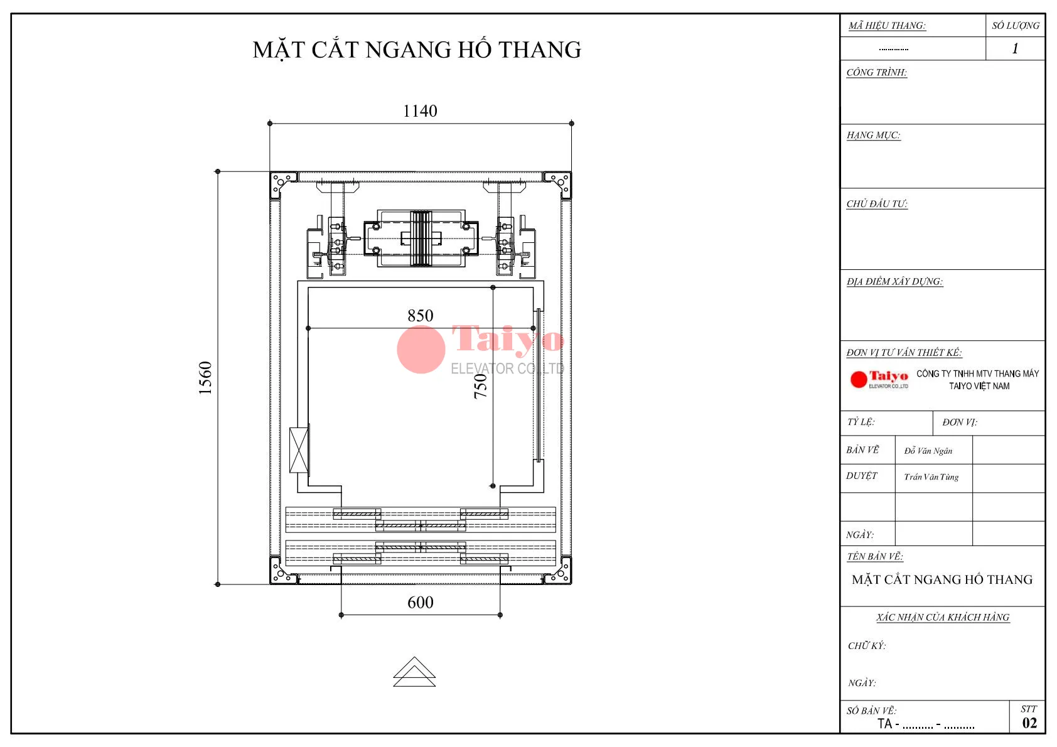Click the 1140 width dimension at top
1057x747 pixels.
point(420,111)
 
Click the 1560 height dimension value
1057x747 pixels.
point(205,378)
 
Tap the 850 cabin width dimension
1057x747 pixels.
point(420,316)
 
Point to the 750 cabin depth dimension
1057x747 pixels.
point(480,386)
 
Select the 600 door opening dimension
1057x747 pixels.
point(420,603)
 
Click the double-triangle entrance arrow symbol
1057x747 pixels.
point(414,672)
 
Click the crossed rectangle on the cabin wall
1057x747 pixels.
point(299,450)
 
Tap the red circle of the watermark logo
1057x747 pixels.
point(421,350)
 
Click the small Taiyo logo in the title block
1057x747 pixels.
point(879,379)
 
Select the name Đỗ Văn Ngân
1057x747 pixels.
point(928,451)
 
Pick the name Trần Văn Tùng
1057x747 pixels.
point(931,477)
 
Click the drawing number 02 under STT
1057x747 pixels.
point(1029,723)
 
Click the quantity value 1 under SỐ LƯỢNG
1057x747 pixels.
point(1015,48)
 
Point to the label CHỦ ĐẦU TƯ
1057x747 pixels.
point(876,204)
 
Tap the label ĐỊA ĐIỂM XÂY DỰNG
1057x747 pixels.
point(894,282)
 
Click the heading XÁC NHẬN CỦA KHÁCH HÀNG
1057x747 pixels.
point(942,618)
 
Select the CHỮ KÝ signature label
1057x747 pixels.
point(866,646)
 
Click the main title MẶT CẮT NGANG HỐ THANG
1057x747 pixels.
point(417,50)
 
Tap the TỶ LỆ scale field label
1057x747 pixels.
point(861,422)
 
